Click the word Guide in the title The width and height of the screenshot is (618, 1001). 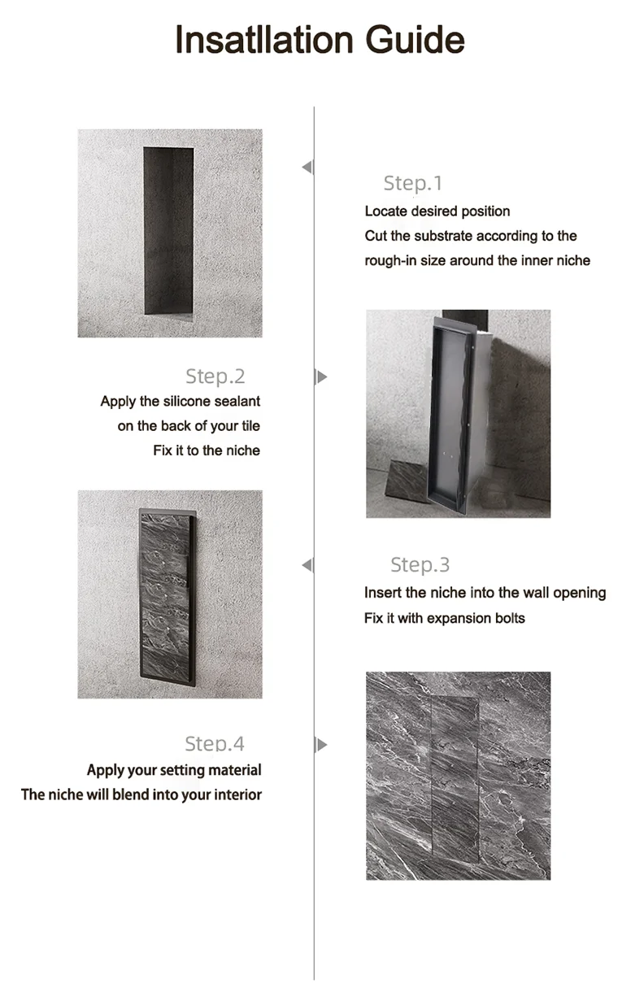416,40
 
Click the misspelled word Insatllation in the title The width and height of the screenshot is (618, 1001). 264,40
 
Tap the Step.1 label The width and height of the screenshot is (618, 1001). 413,183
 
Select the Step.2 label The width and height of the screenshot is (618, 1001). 215,376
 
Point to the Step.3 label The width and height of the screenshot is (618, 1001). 420,565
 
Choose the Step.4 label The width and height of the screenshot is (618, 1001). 215,743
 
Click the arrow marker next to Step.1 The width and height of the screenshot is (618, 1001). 307,168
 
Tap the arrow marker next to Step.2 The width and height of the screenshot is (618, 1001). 321,376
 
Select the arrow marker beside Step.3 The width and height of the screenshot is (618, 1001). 307,565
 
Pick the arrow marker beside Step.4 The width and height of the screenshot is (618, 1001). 321,745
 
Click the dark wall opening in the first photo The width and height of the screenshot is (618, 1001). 168,230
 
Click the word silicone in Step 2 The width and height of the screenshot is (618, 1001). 181,401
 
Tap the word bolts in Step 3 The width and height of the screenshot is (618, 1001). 510,618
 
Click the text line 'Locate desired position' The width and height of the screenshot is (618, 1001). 437,211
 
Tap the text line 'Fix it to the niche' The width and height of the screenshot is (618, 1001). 207,450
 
